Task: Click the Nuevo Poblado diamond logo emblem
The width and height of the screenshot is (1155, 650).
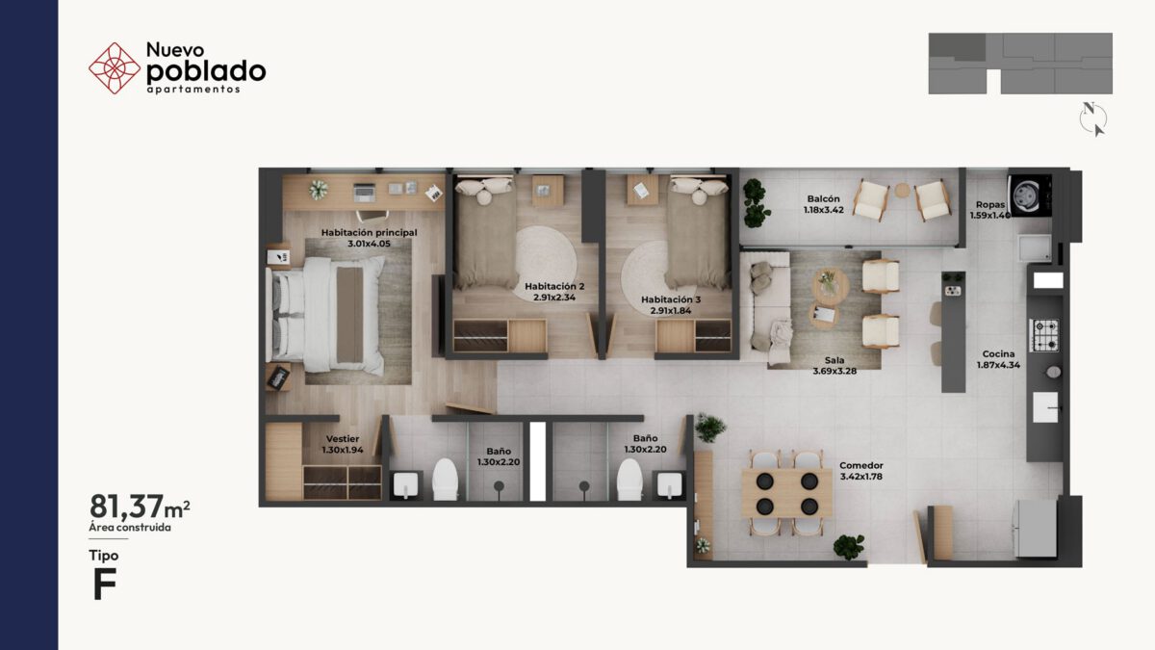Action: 115,68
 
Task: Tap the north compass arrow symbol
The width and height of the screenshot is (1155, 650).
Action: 1092,118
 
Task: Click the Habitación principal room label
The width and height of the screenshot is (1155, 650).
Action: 370,233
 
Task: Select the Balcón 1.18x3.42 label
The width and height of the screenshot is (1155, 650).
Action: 824,204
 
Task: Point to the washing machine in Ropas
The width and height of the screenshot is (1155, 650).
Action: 1030,195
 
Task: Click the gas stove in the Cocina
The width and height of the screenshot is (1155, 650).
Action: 1044,335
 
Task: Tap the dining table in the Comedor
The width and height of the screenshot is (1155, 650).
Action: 787,493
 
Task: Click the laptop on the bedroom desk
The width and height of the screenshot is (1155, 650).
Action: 365,192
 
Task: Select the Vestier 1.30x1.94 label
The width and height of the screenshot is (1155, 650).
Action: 343,444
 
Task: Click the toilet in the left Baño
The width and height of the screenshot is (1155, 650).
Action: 445,480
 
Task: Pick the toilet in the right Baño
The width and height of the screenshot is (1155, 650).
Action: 629,480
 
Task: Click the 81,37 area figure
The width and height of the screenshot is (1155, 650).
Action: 127,507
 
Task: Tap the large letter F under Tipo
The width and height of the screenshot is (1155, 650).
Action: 105,584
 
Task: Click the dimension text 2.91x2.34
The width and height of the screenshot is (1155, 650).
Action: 554,298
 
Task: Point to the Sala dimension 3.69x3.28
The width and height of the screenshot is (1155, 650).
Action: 834,371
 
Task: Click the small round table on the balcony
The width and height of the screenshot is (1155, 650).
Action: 903,191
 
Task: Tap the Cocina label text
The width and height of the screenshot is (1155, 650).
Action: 998,354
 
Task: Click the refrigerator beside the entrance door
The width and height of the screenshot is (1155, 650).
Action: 1035,528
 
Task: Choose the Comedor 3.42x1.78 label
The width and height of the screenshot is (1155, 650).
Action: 861,471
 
